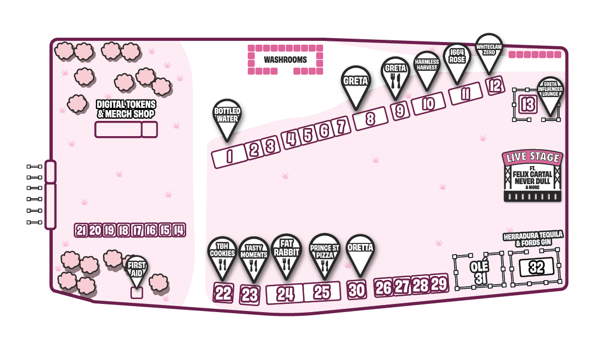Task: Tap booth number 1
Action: (x=229, y=157)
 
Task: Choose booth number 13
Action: (x=527, y=103)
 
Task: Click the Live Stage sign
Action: (x=532, y=176)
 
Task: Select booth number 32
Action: (x=536, y=267)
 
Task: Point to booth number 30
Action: (x=356, y=290)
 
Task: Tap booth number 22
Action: (x=223, y=293)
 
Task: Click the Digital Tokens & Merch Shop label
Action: (x=126, y=109)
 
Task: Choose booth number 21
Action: (x=81, y=230)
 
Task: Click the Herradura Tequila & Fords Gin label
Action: (x=533, y=238)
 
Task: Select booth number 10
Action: (x=428, y=104)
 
